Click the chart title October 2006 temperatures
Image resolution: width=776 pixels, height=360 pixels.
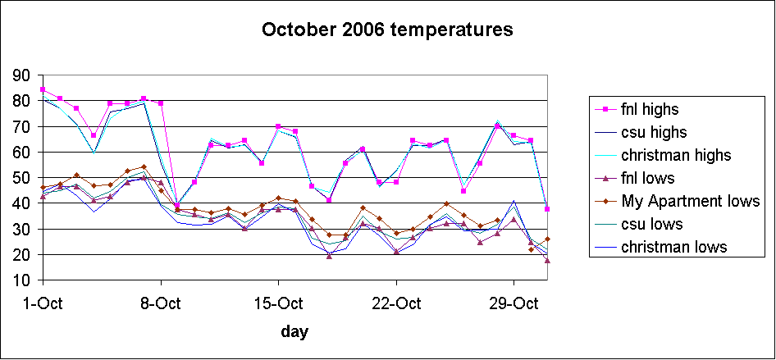point(387,30)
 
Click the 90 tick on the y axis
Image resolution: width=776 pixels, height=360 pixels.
point(21,75)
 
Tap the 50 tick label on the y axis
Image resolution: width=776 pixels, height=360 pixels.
point(21,178)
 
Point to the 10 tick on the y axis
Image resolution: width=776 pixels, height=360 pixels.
point(21,281)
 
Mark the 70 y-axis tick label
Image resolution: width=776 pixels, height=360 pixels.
point(21,127)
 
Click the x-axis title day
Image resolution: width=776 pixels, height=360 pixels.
point(294,331)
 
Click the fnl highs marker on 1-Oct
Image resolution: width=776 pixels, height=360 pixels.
point(43,89)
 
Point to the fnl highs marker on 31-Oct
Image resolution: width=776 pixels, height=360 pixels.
point(547,209)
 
